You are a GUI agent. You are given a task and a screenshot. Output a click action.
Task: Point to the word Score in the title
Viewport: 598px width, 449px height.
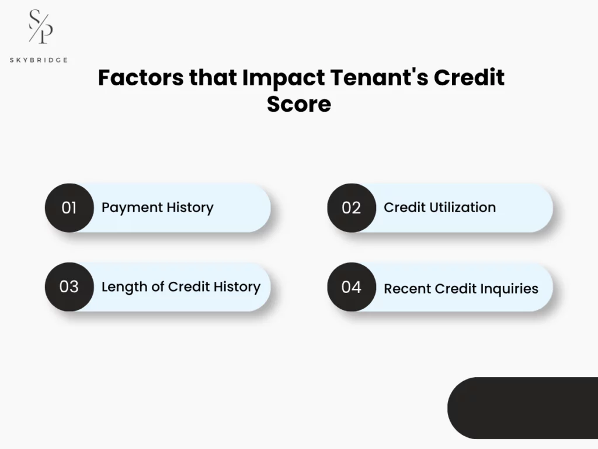tap(299, 104)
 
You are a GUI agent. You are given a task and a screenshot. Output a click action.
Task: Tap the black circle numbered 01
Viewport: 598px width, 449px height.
tap(69, 208)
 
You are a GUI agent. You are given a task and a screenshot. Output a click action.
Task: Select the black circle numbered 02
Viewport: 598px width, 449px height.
tap(351, 208)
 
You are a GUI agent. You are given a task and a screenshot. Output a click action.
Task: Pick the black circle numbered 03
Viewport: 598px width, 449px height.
tap(69, 286)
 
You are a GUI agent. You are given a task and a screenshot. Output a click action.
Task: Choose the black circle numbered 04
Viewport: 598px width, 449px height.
tap(351, 286)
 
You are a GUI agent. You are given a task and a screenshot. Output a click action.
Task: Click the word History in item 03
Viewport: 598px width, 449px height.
tap(237, 286)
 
